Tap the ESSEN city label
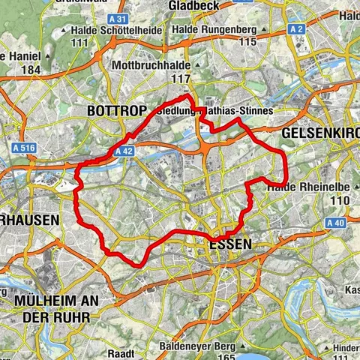point(231,244)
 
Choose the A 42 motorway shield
point(124,151)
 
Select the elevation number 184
point(30,70)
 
